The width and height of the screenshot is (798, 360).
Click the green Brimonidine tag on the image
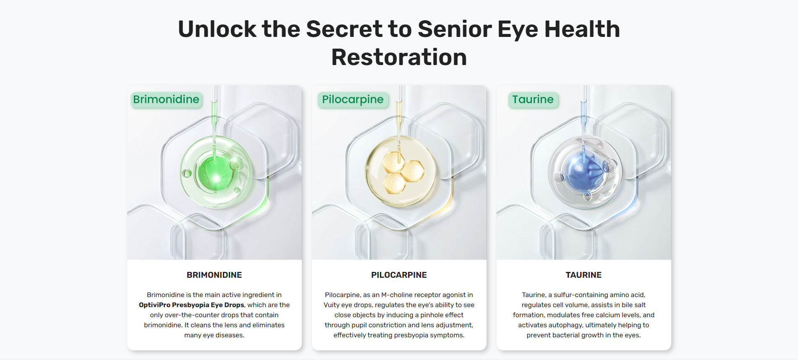tap(166, 100)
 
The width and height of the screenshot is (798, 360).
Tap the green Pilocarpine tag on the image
tap(353, 100)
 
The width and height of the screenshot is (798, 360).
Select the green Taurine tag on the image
tap(533, 100)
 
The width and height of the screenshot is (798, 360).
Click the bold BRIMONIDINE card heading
tap(214, 275)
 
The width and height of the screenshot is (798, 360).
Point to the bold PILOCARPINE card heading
tap(399, 275)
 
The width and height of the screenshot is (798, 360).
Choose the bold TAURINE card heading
tap(583, 275)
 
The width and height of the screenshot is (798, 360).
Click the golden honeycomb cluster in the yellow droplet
tap(402, 172)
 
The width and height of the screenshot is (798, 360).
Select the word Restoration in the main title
tap(399, 57)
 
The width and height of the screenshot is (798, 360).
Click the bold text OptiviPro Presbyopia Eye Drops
tap(191, 305)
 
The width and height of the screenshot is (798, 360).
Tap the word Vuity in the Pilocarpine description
tap(332, 305)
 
